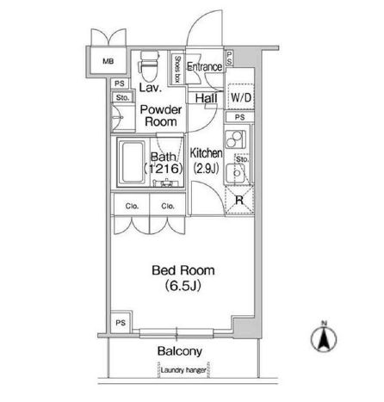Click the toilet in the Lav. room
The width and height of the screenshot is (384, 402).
point(149,66)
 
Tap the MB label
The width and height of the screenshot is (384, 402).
point(108,61)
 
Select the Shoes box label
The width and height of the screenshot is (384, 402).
point(177,69)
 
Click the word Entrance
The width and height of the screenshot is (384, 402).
point(205,67)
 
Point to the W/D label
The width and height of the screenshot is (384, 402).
point(241,97)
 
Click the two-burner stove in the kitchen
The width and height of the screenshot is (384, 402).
point(235,139)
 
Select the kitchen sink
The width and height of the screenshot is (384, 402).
point(235,173)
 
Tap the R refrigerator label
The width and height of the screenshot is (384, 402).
point(239,200)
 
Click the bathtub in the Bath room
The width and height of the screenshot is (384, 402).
point(133,162)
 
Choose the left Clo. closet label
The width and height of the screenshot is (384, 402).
point(132,206)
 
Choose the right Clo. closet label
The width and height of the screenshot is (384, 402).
point(168,206)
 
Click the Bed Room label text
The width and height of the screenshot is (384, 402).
point(183,270)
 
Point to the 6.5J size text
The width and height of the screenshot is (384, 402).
point(183,286)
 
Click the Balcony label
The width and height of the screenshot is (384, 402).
point(180,351)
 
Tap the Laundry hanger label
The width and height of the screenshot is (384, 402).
point(183,370)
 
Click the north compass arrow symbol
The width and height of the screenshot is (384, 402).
point(324,337)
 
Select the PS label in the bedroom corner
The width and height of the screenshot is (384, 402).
point(121,323)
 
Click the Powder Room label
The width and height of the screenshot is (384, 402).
point(161,115)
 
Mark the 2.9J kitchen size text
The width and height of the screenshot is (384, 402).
point(206,169)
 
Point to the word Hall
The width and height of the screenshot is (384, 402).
point(206,98)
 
